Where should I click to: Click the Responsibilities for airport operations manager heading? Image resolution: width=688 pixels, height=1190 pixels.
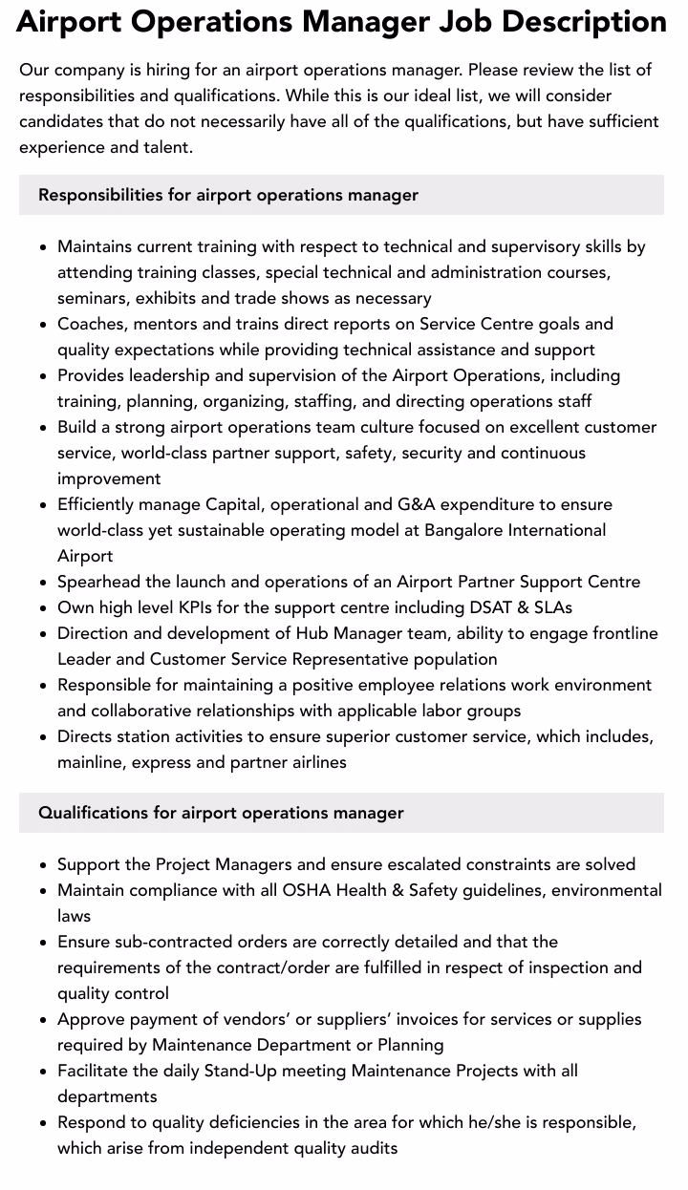[x=228, y=195]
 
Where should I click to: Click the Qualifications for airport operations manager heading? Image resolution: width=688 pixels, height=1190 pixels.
[x=221, y=813]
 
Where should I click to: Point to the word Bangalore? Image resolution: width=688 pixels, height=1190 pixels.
[x=467, y=530]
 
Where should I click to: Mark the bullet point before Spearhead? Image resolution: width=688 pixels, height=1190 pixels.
[x=43, y=583]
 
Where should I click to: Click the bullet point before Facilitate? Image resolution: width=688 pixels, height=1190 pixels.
[x=43, y=1072]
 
